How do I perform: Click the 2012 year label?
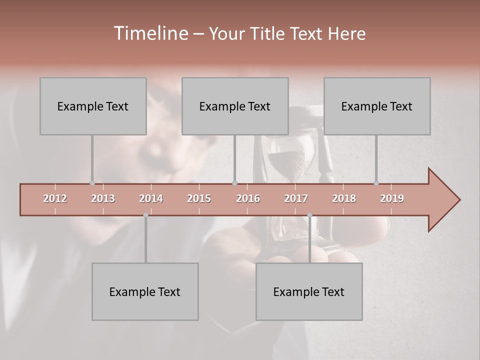[55, 198]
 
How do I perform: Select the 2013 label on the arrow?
[103, 198]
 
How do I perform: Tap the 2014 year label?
[151, 198]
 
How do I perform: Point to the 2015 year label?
[199, 198]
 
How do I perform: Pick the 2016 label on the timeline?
[248, 198]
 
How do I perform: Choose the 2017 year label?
[296, 198]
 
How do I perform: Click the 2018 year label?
[344, 198]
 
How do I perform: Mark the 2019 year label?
[392, 198]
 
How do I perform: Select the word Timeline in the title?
[150, 33]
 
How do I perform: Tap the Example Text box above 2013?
[93, 106]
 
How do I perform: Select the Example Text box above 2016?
[235, 106]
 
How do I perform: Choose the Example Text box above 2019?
[377, 106]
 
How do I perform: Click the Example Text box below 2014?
[145, 291]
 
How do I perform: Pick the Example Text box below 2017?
[309, 291]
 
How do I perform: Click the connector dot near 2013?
[92, 183]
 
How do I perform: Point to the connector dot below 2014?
[145, 215]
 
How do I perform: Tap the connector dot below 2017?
[309, 215]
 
